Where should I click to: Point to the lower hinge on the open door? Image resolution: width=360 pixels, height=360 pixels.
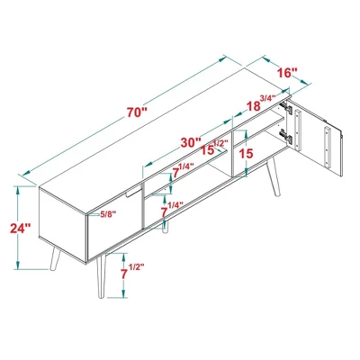coord(286,136)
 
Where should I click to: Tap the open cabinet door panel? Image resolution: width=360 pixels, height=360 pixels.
coord(322,139)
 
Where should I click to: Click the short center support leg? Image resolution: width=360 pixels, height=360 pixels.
coord(164,231)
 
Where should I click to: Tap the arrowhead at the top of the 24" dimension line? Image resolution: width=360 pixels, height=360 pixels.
coord(18,189)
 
